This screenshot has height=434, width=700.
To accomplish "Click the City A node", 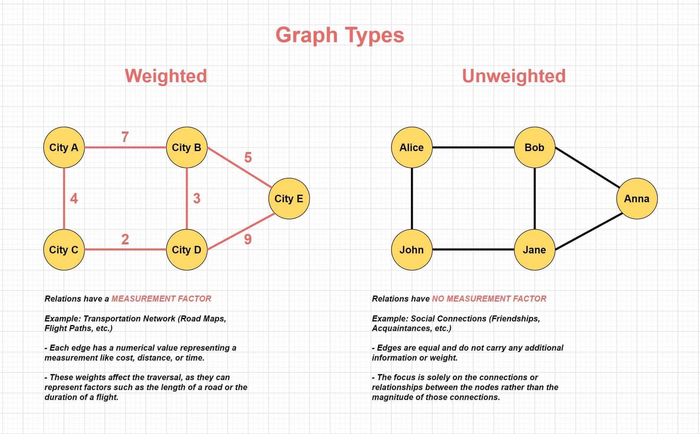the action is pos(64,147).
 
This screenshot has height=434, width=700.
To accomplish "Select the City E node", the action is pos(289,199).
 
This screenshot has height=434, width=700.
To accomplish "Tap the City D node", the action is pos(187,250).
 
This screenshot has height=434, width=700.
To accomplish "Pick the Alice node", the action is pos(412,147).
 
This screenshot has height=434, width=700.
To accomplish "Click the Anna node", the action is pos(637,199).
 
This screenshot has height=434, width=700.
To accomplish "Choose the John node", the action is pos(412,250).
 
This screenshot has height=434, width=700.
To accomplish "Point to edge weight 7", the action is pos(125,137).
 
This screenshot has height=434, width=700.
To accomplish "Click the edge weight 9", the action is pos(248,239).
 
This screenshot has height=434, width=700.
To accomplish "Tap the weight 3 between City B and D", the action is pos(197,199).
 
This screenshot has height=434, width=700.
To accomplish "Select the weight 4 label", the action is pos(74,199).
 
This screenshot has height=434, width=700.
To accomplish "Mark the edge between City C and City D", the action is pos(125,250).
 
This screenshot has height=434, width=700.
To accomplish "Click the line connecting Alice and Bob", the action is pos(473,147).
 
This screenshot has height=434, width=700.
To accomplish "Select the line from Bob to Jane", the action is pos(534,199).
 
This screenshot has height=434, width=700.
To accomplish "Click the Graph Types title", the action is pos(340,36).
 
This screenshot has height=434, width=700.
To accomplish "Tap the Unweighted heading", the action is pos(514,76).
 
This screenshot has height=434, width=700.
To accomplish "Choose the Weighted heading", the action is pos(166,76).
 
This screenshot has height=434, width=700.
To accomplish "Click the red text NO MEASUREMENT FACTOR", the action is pos(489,299).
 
